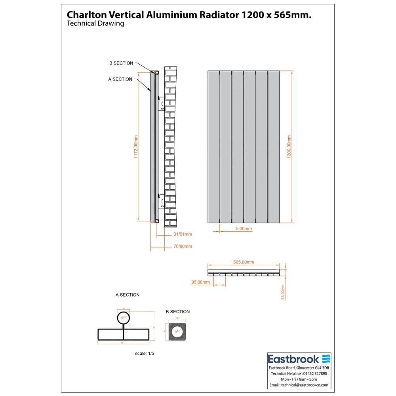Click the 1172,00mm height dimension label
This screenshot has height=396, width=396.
coord(135,147)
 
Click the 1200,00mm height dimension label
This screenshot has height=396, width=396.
coord(289,147)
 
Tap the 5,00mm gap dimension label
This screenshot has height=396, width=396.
coord(244,229)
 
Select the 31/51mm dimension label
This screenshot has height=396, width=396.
coord(183,234)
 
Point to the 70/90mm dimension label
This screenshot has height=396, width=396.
coord(183,246)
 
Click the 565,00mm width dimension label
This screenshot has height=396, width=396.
coord(244,262)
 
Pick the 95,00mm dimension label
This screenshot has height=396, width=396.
coord(200,282)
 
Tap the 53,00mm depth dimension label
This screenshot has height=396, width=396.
coord(283,292)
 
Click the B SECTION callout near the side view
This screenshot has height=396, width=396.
coord(121,63)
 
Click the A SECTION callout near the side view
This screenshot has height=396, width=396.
coord(120,79)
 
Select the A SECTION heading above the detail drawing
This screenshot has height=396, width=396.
coord(128,295)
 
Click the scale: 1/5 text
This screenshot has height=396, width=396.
coord(144,353)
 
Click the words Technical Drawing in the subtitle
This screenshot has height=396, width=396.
coord(95,23)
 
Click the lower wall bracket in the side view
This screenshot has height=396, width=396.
coord(161,201)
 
